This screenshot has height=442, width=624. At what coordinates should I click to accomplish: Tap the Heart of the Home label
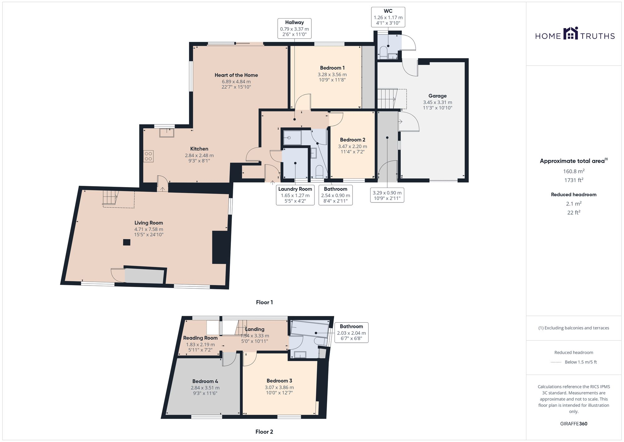pos(236,75)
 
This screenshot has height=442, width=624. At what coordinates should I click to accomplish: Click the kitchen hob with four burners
pos(149,156)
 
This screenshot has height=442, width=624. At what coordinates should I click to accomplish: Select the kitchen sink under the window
pos(167,133)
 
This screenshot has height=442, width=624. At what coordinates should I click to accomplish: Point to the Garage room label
pos(437,96)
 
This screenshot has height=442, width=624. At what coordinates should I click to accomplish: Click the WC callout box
pos(388,17)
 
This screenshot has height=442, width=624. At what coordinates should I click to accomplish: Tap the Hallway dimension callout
pos(294,28)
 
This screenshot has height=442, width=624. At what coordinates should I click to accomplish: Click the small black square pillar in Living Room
pos(126,242)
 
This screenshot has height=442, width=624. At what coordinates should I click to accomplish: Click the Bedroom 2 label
pos(353,140)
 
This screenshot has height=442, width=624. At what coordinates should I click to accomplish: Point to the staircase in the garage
pos(387,98)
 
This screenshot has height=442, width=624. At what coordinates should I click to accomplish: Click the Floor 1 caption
pos(264,302)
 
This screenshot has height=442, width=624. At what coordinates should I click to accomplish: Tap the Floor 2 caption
pos(264,432)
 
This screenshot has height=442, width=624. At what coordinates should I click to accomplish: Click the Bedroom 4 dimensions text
pos(205,390)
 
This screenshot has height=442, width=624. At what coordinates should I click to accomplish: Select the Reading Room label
pos(200,338)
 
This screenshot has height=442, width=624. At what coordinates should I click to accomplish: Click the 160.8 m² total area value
pos(573,171)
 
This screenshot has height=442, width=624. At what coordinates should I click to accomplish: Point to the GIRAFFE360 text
pos(573,424)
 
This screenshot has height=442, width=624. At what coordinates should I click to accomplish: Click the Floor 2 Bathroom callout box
pos(351,333)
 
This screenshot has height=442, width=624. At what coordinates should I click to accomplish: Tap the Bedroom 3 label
pos(279,380)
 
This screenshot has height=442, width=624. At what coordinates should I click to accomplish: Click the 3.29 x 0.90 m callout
pos(387,195)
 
